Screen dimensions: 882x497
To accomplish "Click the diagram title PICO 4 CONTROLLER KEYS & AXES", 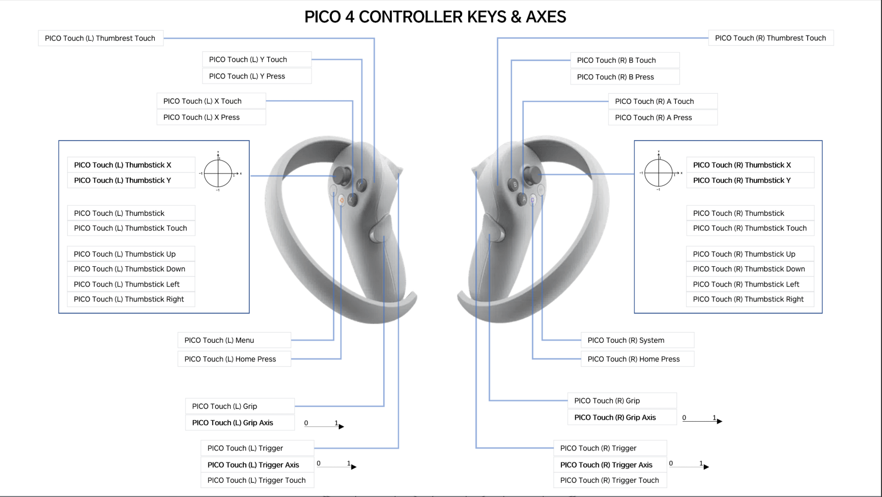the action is pos(435,17).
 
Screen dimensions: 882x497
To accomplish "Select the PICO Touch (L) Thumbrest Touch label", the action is pos(100,38).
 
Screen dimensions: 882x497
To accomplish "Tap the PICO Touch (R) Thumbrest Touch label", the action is pos(770,38).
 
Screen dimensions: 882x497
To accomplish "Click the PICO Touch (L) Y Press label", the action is pos(247,76).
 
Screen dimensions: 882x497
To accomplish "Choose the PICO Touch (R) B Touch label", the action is pos(616,60).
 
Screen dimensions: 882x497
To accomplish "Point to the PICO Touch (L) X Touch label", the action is pos(203,101).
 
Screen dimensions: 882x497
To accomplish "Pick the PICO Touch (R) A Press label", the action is pos(653,118).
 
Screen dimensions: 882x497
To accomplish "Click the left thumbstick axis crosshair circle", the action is pos(218,173).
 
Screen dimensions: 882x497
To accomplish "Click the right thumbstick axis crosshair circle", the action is pos(658,173).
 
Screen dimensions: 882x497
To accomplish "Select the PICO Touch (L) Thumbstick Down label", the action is pos(130,269).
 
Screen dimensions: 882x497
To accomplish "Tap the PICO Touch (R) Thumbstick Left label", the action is pos(746,284).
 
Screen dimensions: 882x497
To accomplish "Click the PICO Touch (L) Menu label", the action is pos(219,340).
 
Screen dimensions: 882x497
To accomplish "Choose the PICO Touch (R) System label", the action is pos(626,340).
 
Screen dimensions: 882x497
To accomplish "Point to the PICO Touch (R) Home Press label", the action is pos(634,359).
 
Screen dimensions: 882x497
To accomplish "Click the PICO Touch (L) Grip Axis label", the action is pos(233,423).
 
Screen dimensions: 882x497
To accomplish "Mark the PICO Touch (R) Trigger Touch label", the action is pos(610,480).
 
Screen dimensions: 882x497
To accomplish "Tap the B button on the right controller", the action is pos(514,184).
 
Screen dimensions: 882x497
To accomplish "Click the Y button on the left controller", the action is pos(361,185).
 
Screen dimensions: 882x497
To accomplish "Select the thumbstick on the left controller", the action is pos(343,175).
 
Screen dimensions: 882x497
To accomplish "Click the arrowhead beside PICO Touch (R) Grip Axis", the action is pos(719,421).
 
